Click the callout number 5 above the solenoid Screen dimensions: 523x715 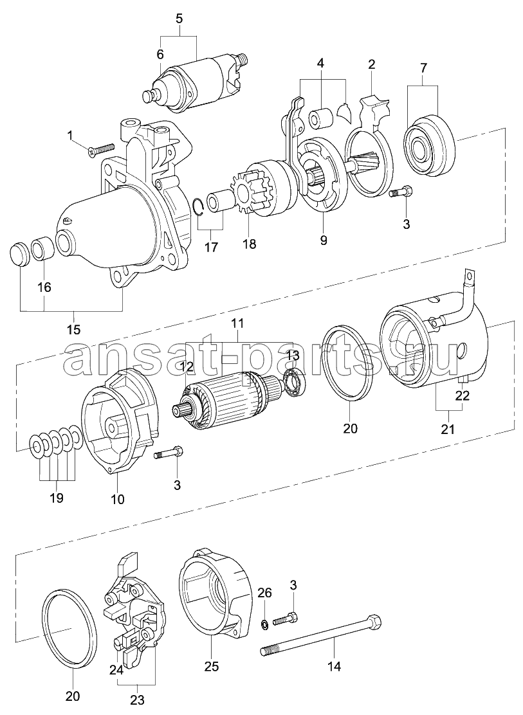point(179,19)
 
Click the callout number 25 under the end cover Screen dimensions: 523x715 point(211,666)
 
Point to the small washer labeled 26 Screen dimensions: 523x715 point(264,623)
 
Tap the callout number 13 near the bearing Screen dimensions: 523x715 point(293,355)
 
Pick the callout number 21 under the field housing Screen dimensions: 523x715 point(448,429)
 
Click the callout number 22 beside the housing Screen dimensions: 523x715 point(463,395)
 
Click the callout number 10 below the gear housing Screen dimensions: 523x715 point(117,500)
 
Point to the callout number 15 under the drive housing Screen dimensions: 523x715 point(73,329)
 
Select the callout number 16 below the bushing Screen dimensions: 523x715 point(44,287)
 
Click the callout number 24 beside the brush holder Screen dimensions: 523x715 point(116,670)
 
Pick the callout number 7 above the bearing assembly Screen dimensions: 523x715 point(423,68)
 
